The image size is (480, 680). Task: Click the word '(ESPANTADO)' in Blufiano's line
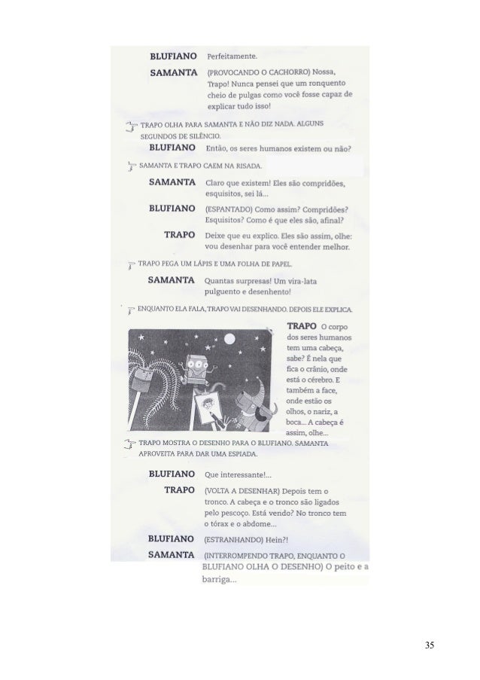[227, 209]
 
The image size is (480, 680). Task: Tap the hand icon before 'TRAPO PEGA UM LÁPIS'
[132, 265]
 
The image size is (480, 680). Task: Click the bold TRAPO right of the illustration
[302, 325]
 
